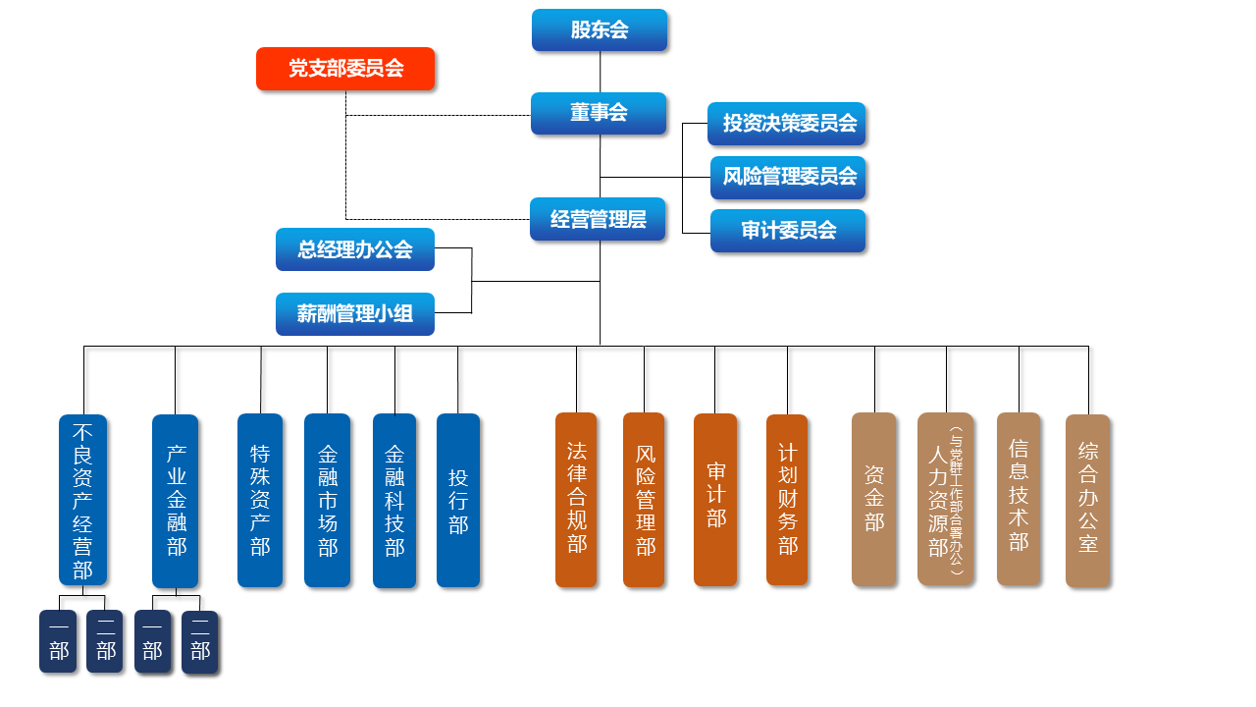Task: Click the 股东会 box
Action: pyautogui.click(x=600, y=29)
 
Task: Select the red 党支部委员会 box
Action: pyautogui.click(x=345, y=69)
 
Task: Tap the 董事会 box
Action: pyautogui.click(x=599, y=113)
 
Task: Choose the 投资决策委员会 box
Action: pyautogui.click(x=788, y=124)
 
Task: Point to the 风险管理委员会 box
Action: pyautogui.click(x=788, y=178)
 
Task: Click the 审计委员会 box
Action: pyautogui.click(x=788, y=231)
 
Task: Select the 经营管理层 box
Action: pyautogui.click(x=599, y=219)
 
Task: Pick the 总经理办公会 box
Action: pyautogui.click(x=355, y=249)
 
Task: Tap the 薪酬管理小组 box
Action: pyautogui.click(x=355, y=314)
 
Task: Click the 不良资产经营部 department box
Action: pyautogui.click(x=83, y=500)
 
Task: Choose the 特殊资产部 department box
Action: pyautogui.click(x=260, y=500)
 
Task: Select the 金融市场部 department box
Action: pyautogui.click(x=327, y=500)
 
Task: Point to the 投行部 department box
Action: pyautogui.click(x=458, y=500)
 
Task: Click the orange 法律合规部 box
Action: pyautogui.click(x=576, y=500)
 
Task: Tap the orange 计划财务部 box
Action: pyautogui.click(x=787, y=500)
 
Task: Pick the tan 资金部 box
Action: pyautogui.click(x=873, y=499)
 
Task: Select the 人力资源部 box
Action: pyautogui.click(x=945, y=499)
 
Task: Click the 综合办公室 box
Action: pyautogui.click(x=1087, y=500)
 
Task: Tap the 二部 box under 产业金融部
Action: pyautogui.click(x=199, y=642)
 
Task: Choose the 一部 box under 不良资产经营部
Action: pyautogui.click(x=58, y=641)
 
